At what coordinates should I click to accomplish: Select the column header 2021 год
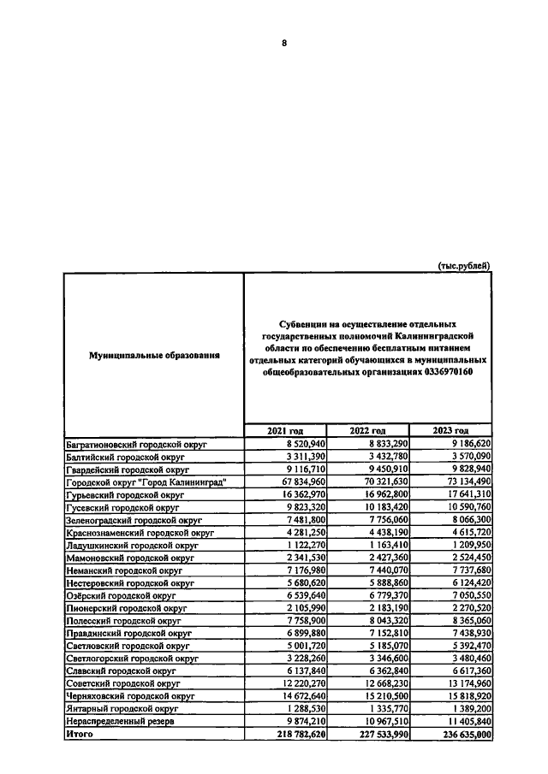pos(284,430)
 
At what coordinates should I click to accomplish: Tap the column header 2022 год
pos(366,430)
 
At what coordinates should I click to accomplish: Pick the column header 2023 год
pos(450,430)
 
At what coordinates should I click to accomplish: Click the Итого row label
pos(79,733)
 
